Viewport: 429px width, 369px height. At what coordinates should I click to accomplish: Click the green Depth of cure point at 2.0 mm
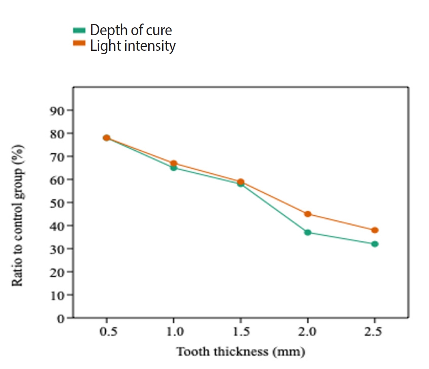click(x=308, y=232)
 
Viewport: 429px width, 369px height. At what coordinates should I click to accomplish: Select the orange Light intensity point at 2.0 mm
click(x=308, y=214)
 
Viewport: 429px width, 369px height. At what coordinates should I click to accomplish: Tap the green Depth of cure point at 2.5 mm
click(x=374, y=244)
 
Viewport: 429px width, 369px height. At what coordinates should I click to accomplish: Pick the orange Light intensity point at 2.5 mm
click(x=374, y=230)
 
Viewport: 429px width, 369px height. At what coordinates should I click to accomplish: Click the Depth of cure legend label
click(x=131, y=30)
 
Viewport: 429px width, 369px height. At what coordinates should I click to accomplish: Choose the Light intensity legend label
click(x=133, y=45)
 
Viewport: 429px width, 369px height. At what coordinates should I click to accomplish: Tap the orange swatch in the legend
click(x=79, y=44)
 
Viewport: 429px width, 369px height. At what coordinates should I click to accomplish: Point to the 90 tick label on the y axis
click(x=57, y=110)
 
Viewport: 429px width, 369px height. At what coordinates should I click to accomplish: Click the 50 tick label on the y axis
click(x=57, y=203)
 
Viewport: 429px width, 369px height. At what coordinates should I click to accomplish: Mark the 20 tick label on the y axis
click(x=57, y=272)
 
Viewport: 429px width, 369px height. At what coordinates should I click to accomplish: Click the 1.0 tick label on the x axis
click(x=174, y=332)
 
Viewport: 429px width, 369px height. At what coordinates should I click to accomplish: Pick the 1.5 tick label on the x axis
click(x=240, y=332)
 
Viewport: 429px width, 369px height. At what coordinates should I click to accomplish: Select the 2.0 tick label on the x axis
click(x=308, y=332)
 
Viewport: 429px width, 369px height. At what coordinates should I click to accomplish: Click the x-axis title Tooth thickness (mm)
click(x=240, y=351)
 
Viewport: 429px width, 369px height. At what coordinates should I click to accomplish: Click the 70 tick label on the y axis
click(x=57, y=157)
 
